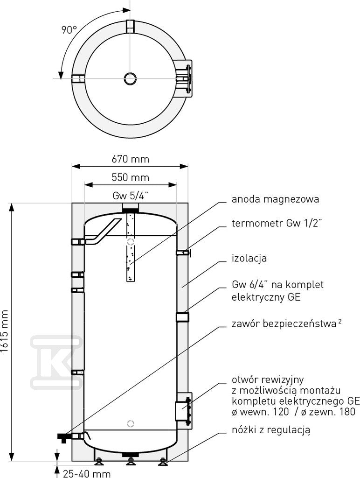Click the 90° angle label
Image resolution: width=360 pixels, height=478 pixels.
pos(69,30)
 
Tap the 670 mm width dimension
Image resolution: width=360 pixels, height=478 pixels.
pos(131,159)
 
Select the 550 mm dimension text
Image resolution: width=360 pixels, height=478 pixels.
pos(131,177)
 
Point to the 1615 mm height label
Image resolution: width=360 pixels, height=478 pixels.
pos(4,331)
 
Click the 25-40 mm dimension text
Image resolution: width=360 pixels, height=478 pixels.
pos(86,473)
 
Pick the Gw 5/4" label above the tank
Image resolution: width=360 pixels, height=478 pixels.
pos(131,196)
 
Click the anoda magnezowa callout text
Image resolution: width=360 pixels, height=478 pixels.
pos(275,199)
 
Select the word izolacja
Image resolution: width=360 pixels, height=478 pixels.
pos(249,258)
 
